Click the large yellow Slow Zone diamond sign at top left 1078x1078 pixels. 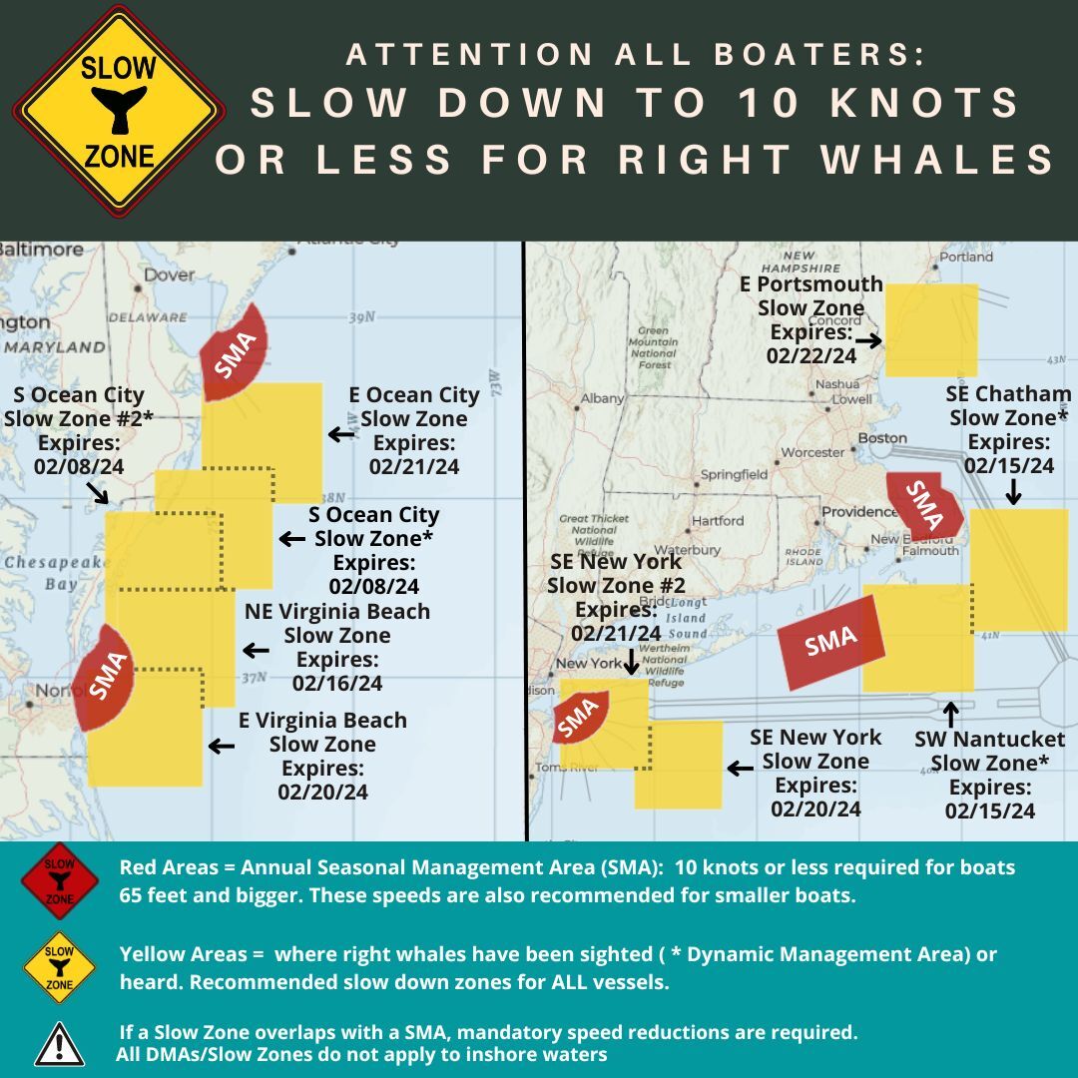(118, 111)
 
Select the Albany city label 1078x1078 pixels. (602, 398)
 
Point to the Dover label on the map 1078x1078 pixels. (169, 274)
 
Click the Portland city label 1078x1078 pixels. (966, 257)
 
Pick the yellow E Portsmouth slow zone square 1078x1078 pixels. (931, 329)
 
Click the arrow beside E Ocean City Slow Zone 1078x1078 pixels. (341, 434)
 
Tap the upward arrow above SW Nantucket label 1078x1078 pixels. (949, 714)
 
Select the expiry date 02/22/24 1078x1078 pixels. (811, 355)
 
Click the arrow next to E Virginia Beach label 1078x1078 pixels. (221, 746)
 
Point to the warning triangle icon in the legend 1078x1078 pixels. (60, 1043)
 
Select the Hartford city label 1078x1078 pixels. (717, 521)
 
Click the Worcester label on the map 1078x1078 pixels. (812, 452)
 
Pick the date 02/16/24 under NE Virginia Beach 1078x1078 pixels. (337, 684)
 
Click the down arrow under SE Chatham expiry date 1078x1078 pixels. (1013, 491)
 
